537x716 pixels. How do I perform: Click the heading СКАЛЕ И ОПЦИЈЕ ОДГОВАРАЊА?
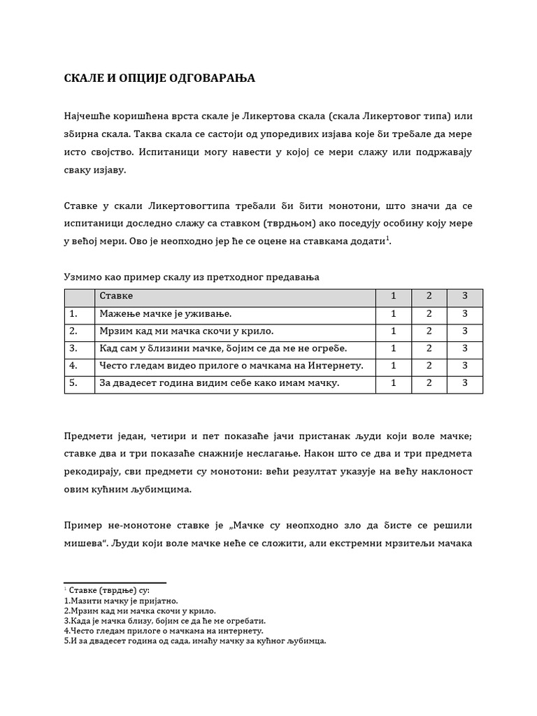pos(159,78)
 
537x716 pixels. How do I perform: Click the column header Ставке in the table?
pos(116,296)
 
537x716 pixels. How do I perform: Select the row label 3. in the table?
pos(73,348)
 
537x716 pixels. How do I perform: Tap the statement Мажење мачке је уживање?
pos(165,313)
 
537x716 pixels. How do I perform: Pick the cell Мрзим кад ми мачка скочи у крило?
pos(187,331)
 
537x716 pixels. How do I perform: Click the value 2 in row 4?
pos(429,366)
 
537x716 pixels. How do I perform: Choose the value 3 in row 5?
pos(464,383)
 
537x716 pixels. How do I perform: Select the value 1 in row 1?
pos(394,313)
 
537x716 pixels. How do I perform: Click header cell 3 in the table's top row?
pos(464,296)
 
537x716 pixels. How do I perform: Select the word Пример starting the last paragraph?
pos(83,525)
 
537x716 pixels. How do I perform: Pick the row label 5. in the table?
pos(73,383)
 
